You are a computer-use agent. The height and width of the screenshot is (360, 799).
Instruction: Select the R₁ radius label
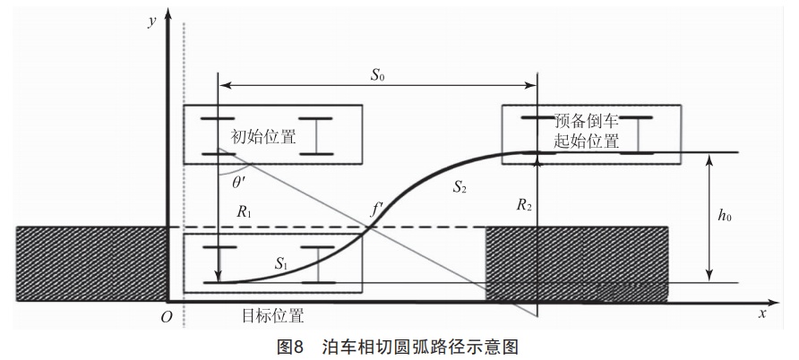pyautogui.click(x=245, y=212)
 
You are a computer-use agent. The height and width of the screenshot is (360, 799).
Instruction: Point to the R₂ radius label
pyautogui.click(x=524, y=206)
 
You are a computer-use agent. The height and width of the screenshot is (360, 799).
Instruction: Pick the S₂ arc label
pyautogui.click(x=460, y=187)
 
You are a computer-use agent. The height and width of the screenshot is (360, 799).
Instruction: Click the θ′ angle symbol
pyautogui.click(x=240, y=180)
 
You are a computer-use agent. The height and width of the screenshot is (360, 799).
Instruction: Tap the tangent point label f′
pyautogui.click(x=377, y=210)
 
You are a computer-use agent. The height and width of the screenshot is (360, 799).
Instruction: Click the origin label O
pyautogui.click(x=162, y=314)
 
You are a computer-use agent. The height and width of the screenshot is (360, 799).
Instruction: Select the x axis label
pyautogui.click(x=762, y=313)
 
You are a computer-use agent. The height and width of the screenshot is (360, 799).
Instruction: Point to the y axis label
pyautogui.click(x=152, y=21)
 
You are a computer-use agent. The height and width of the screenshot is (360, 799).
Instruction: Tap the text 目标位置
pyautogui.click(x=272, y=315)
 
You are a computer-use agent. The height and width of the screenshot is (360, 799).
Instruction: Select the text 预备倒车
pyautogui.click(x=587, y=122)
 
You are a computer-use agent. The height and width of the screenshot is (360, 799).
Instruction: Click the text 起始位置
pyautogui.click(x=587, y=141)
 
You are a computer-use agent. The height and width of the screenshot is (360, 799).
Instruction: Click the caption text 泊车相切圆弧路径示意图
pyautogui.click(x=421, y=346)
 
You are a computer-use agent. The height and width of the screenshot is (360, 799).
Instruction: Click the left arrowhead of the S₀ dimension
pyautogui.click(x=224, y=86)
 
